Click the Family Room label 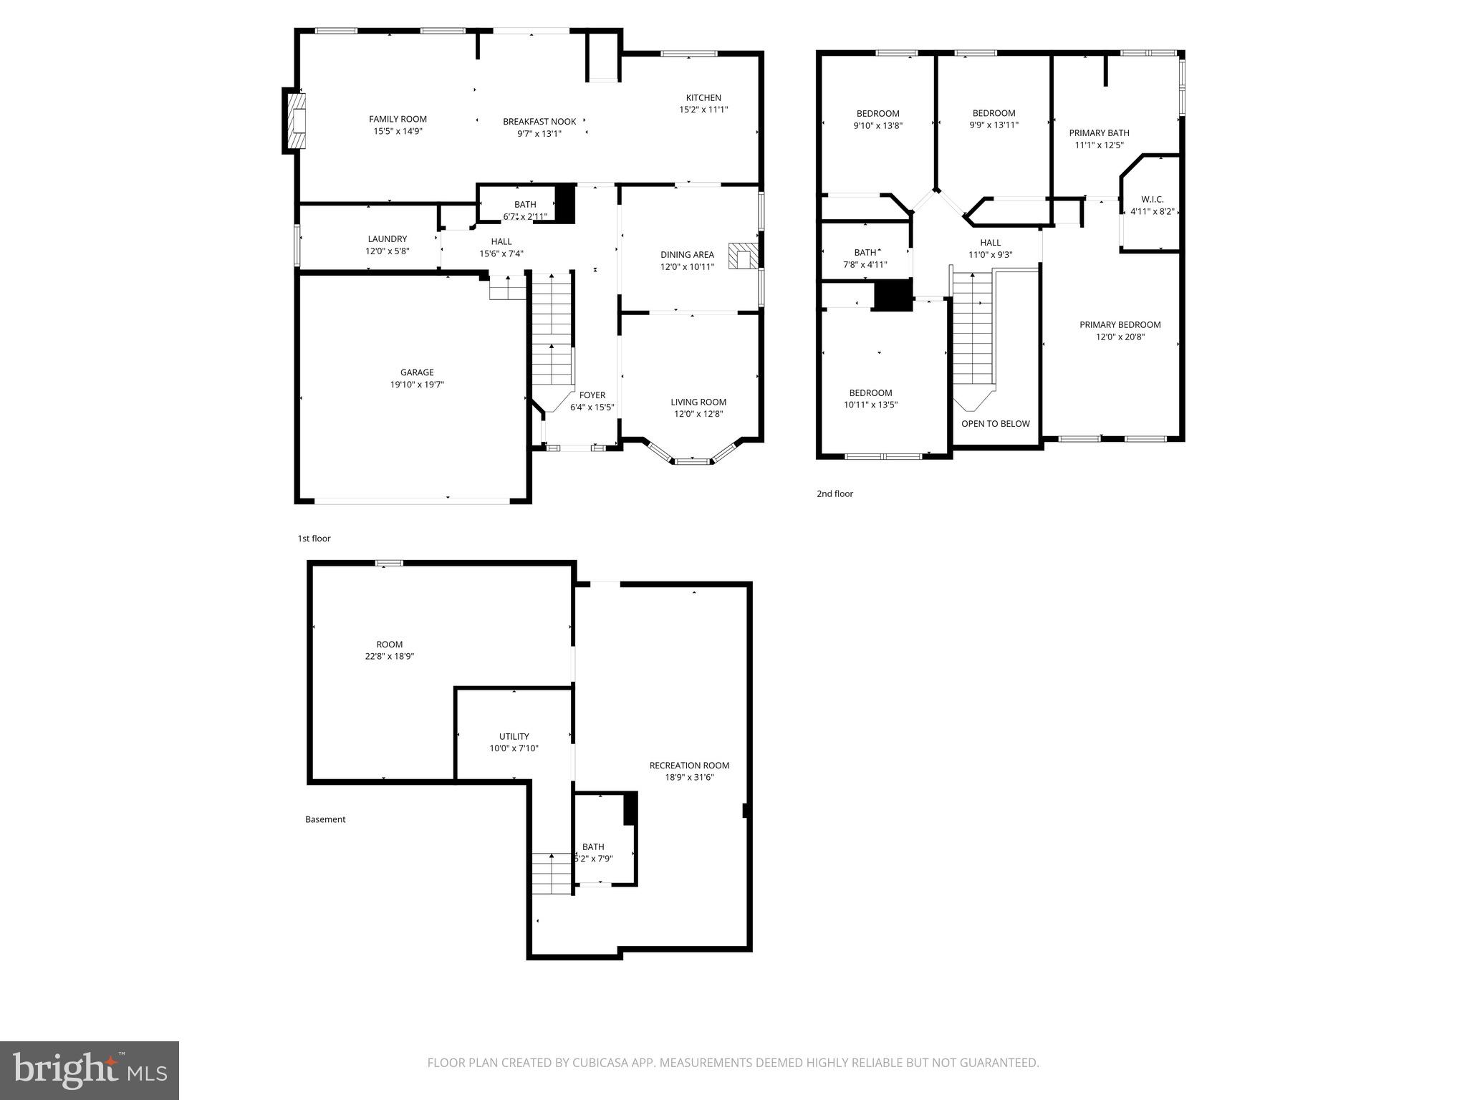pyautogui.click(x=398, y=119)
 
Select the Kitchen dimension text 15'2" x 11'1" pyautogui.click(x=703, y=110)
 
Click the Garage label pyautogui.click(x=417, y=372)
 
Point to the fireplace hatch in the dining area pyautogui.click(x=742, y=256)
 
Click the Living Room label pyautogui.click(x=698, y=402)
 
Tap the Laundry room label pyautogui.click(x=387, y=239)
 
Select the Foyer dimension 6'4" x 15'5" pyautogui.click(x=592, y=407)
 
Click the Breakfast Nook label pyautogui.click(x=539, y=122)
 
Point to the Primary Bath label pyautogui.click(x=1099, y=132)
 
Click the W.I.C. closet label pyautogui.click(x=1152, y=199)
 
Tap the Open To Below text pyautogui.click(x=995, y=423)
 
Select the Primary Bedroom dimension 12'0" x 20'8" pyautogui.click(x=1120, y=337)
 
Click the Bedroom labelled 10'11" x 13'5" pyautogui.click(x=870, y=392)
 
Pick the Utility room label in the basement pyautogui.click(x=514, y=736)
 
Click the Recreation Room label pyautogui.click(x=689, y=766)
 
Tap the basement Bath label pyautogui.click(x=592, y=846)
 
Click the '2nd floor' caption pyautogui.click(x=834, y=493)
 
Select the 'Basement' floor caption pyautogui.click(x=325, y=819)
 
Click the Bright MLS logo pyautogui.click(x=90, y=1069)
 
